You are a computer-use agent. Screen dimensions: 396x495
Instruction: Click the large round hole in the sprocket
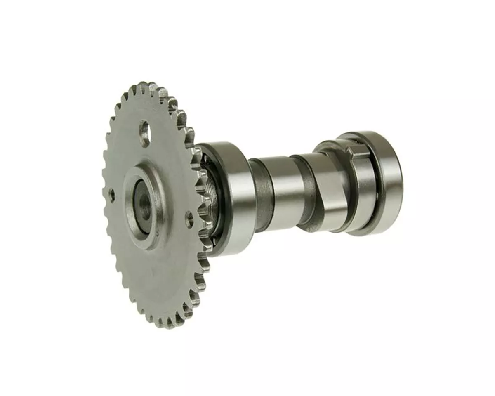click(144, 132)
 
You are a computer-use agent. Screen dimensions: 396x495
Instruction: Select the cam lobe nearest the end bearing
click(330, 190)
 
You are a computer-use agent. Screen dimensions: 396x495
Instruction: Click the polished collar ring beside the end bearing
click(363, 194)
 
